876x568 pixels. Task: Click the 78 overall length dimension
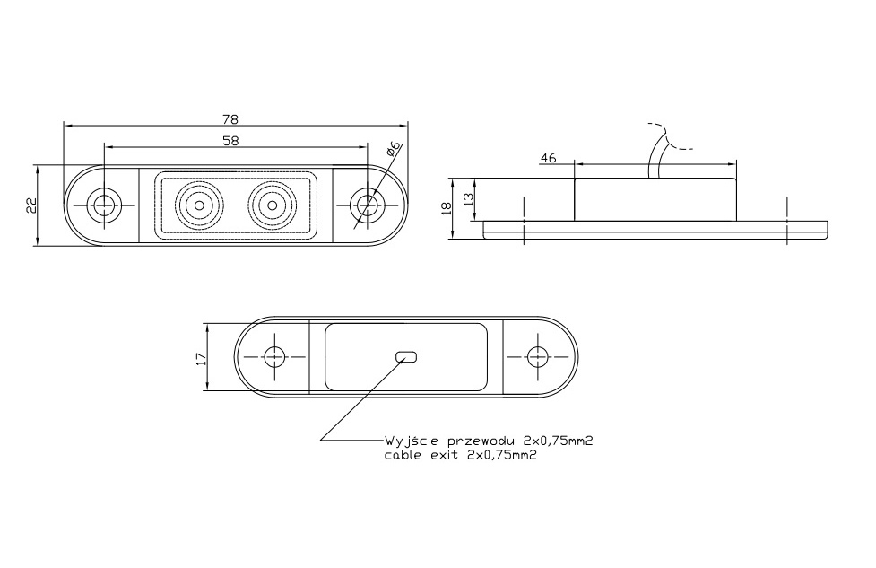coord(230,119)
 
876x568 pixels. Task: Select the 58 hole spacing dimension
coord(230,141)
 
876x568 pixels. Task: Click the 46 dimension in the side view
coord(549,158)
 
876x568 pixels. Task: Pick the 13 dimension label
coord(469,197)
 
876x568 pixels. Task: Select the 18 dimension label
coord(446,208)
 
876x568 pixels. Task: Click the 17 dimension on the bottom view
coord(201,358)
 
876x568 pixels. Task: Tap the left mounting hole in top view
coord(103,205)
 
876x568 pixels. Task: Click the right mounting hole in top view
coord(366,205)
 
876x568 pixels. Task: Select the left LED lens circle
coord(199,205)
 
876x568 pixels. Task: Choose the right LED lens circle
coord(272,205)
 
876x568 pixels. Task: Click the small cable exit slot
coord(406,356)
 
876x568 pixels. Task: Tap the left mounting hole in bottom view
coord(275,356)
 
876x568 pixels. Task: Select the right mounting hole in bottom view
coord(537,356)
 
